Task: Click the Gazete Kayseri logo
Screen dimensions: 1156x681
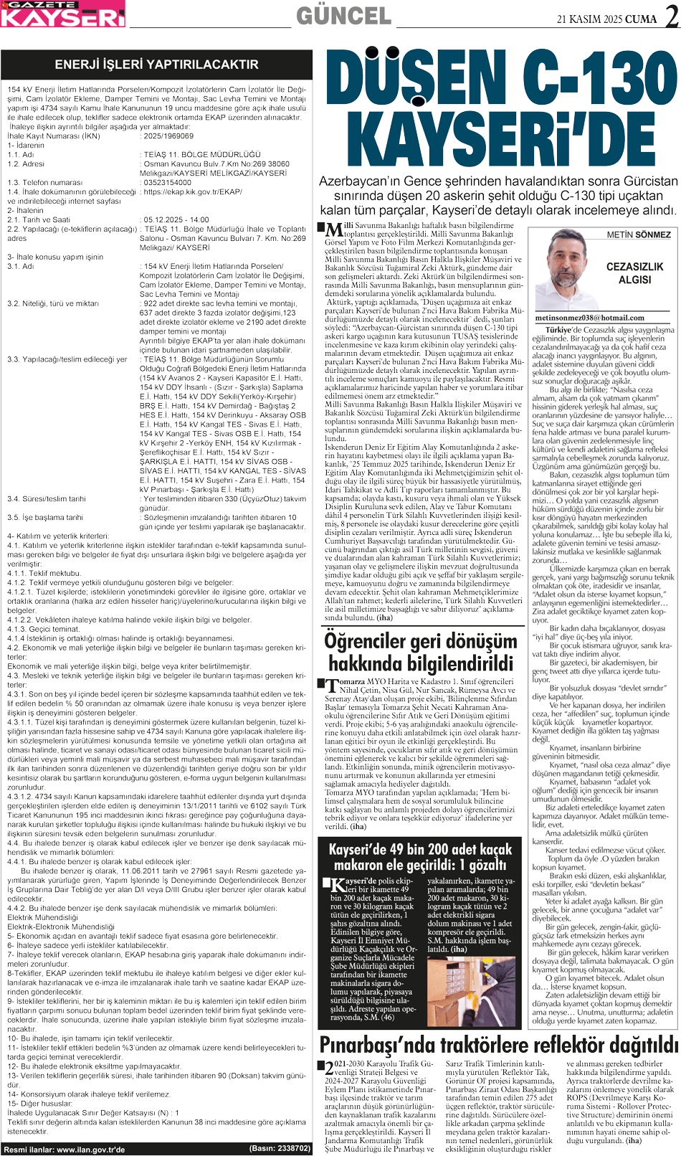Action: (x=63, y=14)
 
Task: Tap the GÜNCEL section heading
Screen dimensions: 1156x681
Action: (x=343, y=16)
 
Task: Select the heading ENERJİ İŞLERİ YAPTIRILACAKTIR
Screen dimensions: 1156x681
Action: (x=156, y=64)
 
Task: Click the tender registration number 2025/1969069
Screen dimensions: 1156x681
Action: (x=168, y=136)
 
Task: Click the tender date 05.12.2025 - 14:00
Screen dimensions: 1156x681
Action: (x=176, y=219)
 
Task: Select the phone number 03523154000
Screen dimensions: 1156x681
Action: (x=168, y=182)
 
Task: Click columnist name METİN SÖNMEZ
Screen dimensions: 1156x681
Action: (x=638, y=234)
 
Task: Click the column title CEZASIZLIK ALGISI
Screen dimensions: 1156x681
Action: (x=634, y=273)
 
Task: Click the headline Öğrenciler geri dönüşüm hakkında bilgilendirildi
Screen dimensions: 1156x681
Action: (x=421, y=651)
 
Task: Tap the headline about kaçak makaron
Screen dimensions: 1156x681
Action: (x=421, y=857)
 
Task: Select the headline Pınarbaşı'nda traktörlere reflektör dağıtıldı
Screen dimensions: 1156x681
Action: (x=498, y=1043)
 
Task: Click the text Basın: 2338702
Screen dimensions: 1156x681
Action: (x=280, y=1148)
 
